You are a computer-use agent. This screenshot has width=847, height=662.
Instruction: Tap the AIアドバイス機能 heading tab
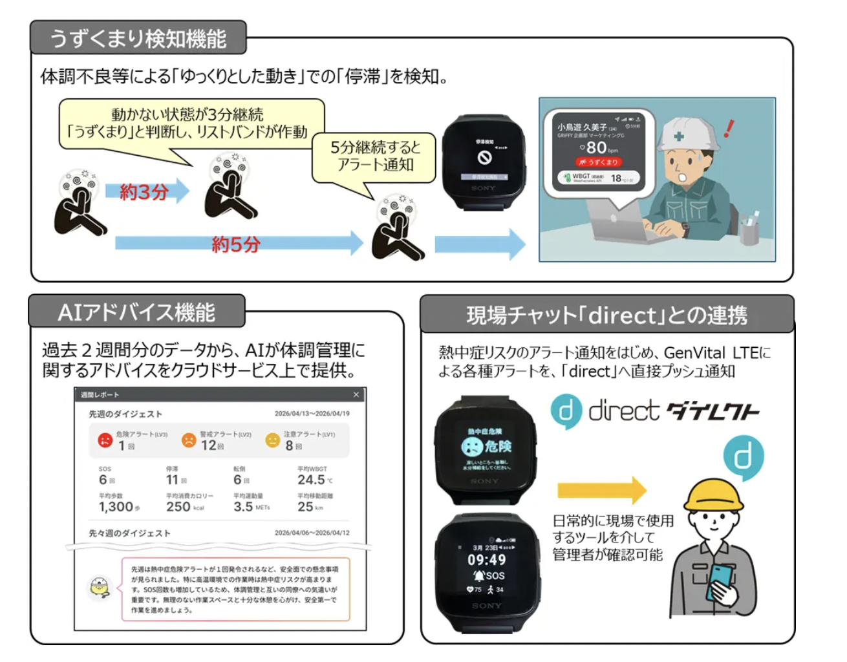click(136, 313)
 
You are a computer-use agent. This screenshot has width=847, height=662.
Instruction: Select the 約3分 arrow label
click(144, 191)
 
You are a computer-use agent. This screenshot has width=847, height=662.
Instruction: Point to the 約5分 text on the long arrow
click(236, 244)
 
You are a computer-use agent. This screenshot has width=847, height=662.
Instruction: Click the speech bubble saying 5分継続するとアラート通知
click(374, 156)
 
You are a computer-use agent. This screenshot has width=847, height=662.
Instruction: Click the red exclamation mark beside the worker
click(729, 128)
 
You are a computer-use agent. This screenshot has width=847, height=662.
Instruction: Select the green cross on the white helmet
click(679, 136)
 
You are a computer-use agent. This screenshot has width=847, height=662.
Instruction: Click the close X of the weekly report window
click(356, 394)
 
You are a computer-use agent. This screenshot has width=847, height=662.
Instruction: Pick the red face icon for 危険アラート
click(105, 440)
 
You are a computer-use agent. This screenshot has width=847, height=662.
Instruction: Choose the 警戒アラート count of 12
click(208, 445)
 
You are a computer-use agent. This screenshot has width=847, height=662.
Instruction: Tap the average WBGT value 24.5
click(311, 480)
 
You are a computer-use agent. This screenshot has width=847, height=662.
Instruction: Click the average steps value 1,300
click(116, 507)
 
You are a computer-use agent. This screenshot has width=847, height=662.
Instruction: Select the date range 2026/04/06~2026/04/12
click(312, 533)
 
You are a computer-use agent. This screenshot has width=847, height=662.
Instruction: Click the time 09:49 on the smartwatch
click(487, 560)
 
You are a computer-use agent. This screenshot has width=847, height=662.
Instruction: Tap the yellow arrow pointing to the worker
click(601, 490)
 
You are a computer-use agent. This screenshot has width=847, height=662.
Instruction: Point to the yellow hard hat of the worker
click(713, 494)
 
